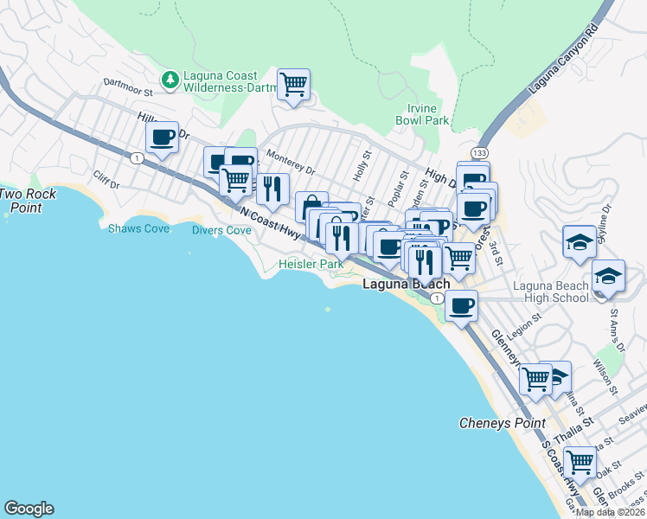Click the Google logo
pyautogui.click(x=29, y=509)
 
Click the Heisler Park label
pyautogui.click(x=304, y=264)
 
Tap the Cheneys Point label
pyautogui.click(x=502, y=423)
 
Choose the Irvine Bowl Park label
pyautogui.click(x=428, y=114)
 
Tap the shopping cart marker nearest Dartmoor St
pyautogui.click(x=293, y=85)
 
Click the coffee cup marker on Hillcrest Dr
pyautogui.click(x=162, y=137)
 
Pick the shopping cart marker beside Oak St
pyautogui.click(x=579, y=462)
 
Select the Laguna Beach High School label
pyautogui.click(x=550, y=292)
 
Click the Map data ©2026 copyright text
pyautogui.click(x=610, y=512)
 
